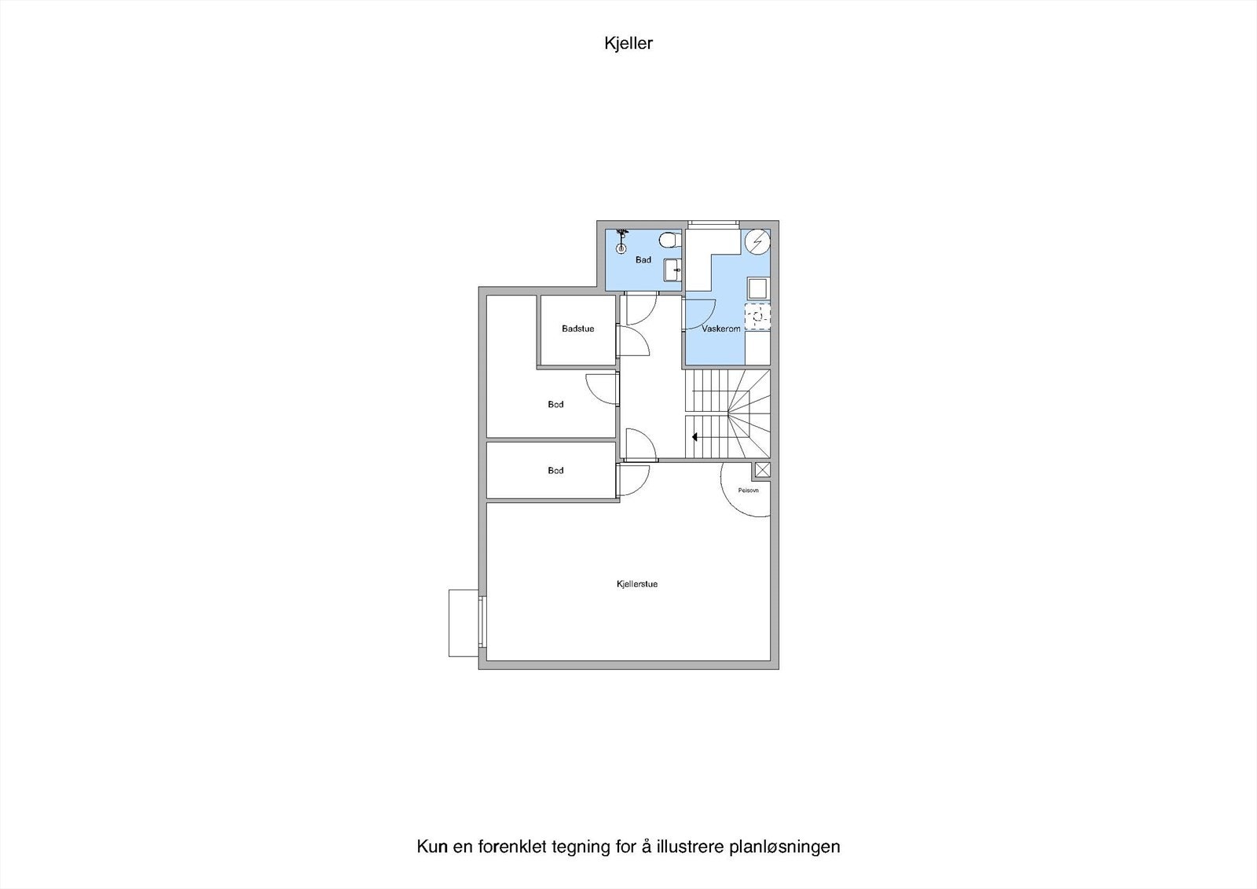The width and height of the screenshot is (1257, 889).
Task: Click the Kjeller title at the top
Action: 628,44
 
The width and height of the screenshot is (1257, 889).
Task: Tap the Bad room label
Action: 643,260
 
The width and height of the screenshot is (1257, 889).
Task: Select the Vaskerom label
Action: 721,329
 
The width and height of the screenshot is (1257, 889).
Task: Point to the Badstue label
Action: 577,329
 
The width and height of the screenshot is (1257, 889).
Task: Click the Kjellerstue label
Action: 637,585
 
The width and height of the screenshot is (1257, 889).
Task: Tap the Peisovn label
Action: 748,490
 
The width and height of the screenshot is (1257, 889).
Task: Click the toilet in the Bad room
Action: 669,239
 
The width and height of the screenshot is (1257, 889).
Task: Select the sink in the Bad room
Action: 672,270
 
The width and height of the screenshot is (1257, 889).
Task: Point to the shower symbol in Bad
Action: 621,241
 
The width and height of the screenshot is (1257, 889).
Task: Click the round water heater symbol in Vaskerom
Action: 757,242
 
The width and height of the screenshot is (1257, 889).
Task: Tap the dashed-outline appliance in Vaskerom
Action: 757,316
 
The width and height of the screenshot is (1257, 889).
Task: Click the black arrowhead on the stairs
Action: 694,436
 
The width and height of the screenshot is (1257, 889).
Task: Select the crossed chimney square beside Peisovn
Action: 762,470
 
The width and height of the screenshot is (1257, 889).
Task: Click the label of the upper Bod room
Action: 555,405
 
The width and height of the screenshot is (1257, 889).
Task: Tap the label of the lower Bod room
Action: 555,471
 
